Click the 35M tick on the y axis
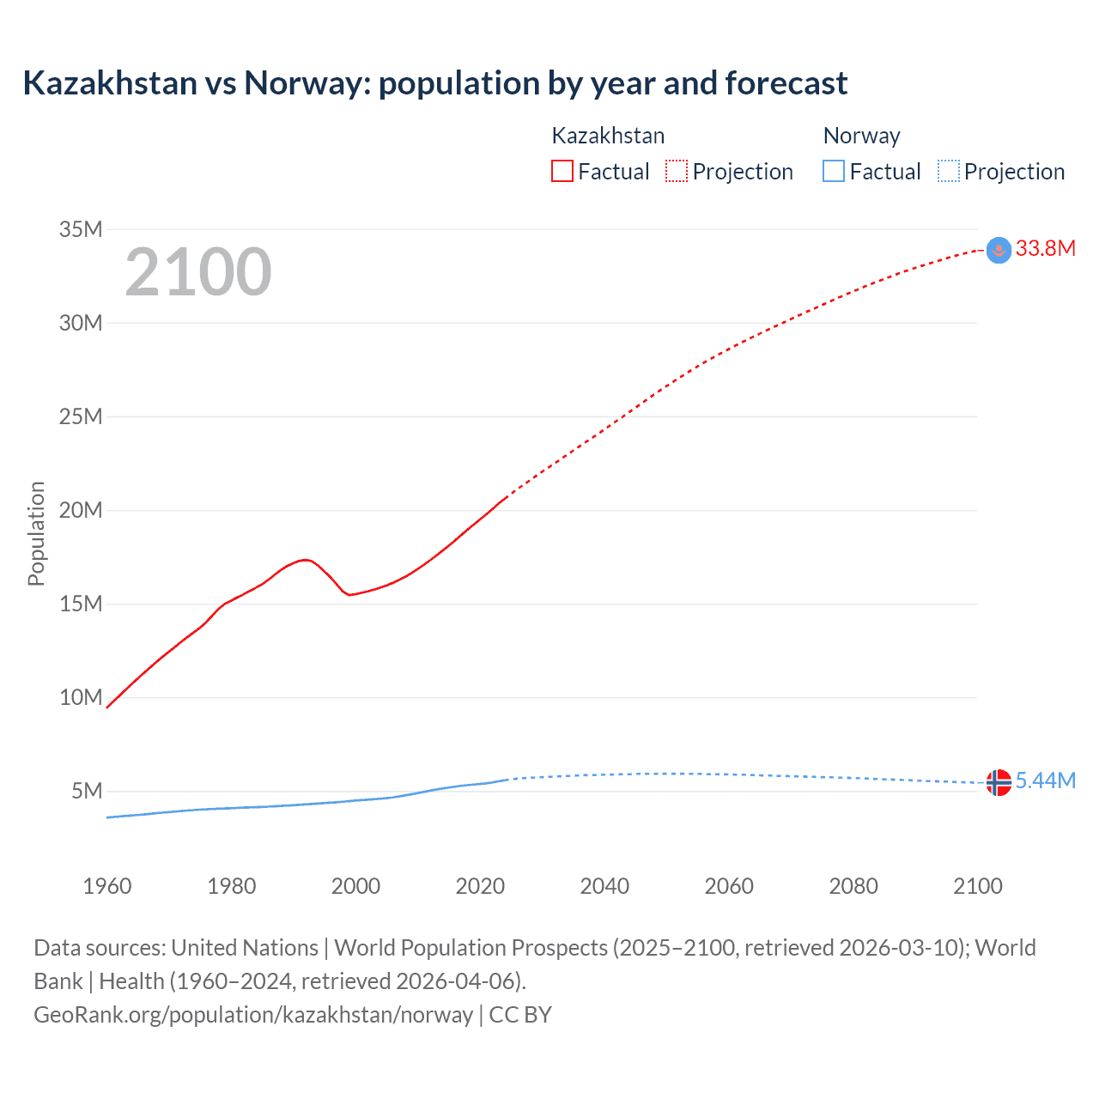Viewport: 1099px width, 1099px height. (x=81, y=229)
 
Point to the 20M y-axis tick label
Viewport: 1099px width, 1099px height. (x=81, y=510)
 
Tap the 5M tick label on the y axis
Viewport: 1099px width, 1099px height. (x=87, y=791)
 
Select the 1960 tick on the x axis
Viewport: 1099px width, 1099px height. (x=107, y=886)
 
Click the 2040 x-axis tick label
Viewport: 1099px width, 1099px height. (x=604, y=886)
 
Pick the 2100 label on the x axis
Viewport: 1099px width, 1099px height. (x=977, y=886)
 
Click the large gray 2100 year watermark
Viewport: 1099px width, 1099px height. (x=198, y=272)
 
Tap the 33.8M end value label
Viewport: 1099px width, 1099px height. (x=1045, y=249)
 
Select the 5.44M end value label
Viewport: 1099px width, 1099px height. (x=1045, y=780)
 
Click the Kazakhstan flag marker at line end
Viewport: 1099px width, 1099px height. (x=999, y=250)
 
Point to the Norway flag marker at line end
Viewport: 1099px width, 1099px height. (x=999, y=782)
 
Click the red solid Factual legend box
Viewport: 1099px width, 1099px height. (x=562, y=172)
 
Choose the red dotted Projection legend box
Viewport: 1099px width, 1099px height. (x=677, y=172)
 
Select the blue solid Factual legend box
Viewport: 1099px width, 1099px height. (x=833, y=172)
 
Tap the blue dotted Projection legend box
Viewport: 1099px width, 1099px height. (x=948, y=172)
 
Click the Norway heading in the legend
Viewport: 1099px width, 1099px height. (x=861, y=136)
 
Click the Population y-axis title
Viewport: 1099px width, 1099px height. (x=36, y=533)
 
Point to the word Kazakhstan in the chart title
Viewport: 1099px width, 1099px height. (x=110, y=83)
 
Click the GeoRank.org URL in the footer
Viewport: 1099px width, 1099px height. (x=253, y=1015)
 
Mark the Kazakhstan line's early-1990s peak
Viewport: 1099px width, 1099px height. (x=305, y=560)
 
